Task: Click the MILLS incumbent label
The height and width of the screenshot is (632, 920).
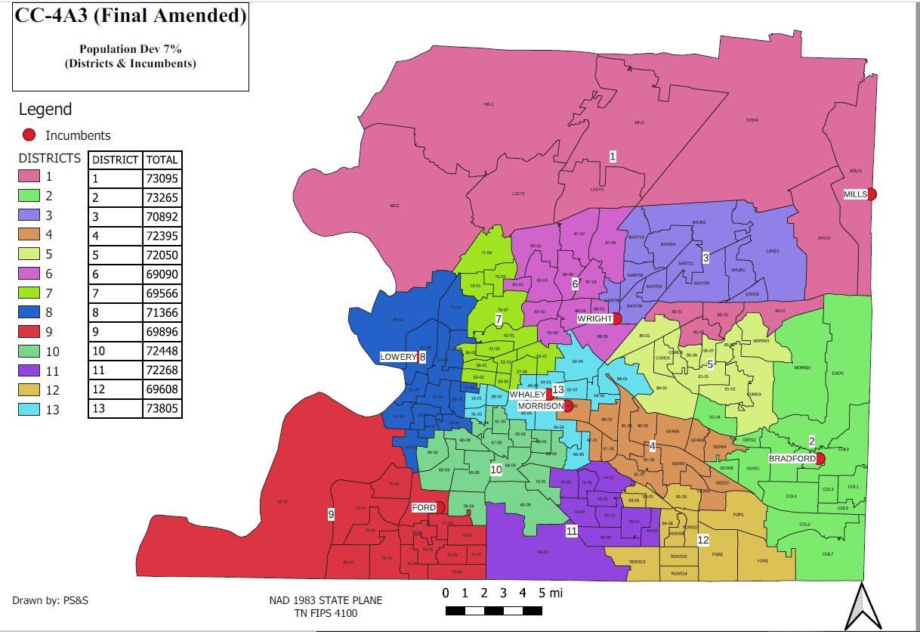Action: (855, 194)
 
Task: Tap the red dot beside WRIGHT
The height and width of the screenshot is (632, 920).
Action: (617, 319)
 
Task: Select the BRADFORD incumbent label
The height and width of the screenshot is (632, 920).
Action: (792, 459)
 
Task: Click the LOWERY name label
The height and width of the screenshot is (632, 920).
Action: (398, 357)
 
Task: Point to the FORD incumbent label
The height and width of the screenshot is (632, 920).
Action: (424, 507)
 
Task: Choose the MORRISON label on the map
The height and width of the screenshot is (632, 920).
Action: (541, 406)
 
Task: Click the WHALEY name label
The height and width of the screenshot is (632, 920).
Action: (526, 395)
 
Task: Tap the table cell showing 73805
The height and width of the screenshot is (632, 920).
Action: (162, 409)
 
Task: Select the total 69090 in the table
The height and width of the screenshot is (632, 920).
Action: (162, 274)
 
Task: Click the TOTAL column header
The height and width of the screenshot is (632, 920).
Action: (162, 160)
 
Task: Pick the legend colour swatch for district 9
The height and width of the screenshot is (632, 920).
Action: (29, 331)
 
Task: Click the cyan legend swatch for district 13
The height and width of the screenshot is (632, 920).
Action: (29, 409)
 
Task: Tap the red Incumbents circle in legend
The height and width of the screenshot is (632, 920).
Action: (29, 135)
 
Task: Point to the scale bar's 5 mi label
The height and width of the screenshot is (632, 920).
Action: (550, 593)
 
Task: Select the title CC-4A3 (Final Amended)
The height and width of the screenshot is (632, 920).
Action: (130, 15)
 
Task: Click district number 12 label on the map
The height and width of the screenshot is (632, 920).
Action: (702, 540)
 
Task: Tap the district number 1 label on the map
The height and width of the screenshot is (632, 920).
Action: (613, 156)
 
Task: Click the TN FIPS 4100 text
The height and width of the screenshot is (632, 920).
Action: (326, 612)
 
